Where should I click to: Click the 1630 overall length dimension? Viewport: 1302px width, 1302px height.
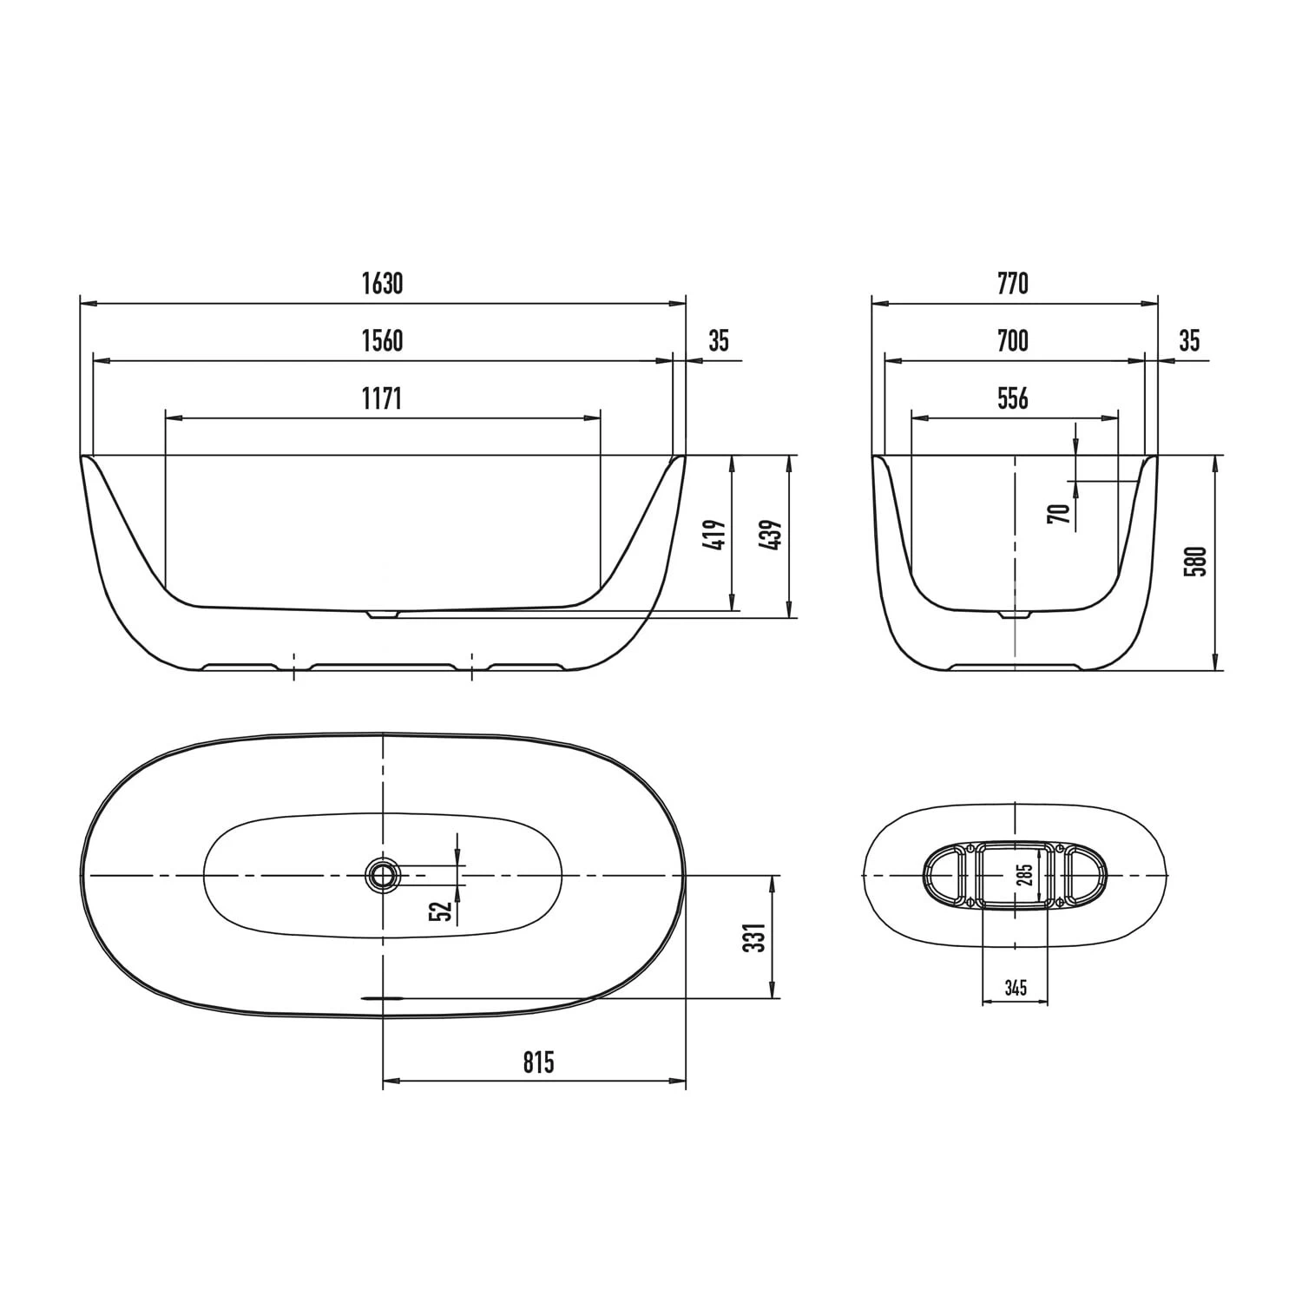[x=383, y=284]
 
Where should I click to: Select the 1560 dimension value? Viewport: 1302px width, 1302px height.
[x=383, y=341]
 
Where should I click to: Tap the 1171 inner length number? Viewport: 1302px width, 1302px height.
[x=383, y=398]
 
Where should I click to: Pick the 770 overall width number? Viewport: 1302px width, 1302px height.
[x=1013, y=284]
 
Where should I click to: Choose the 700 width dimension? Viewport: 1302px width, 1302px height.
[x=1013, y=341]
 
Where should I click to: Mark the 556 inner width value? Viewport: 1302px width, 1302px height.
[x=1013, y=398]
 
